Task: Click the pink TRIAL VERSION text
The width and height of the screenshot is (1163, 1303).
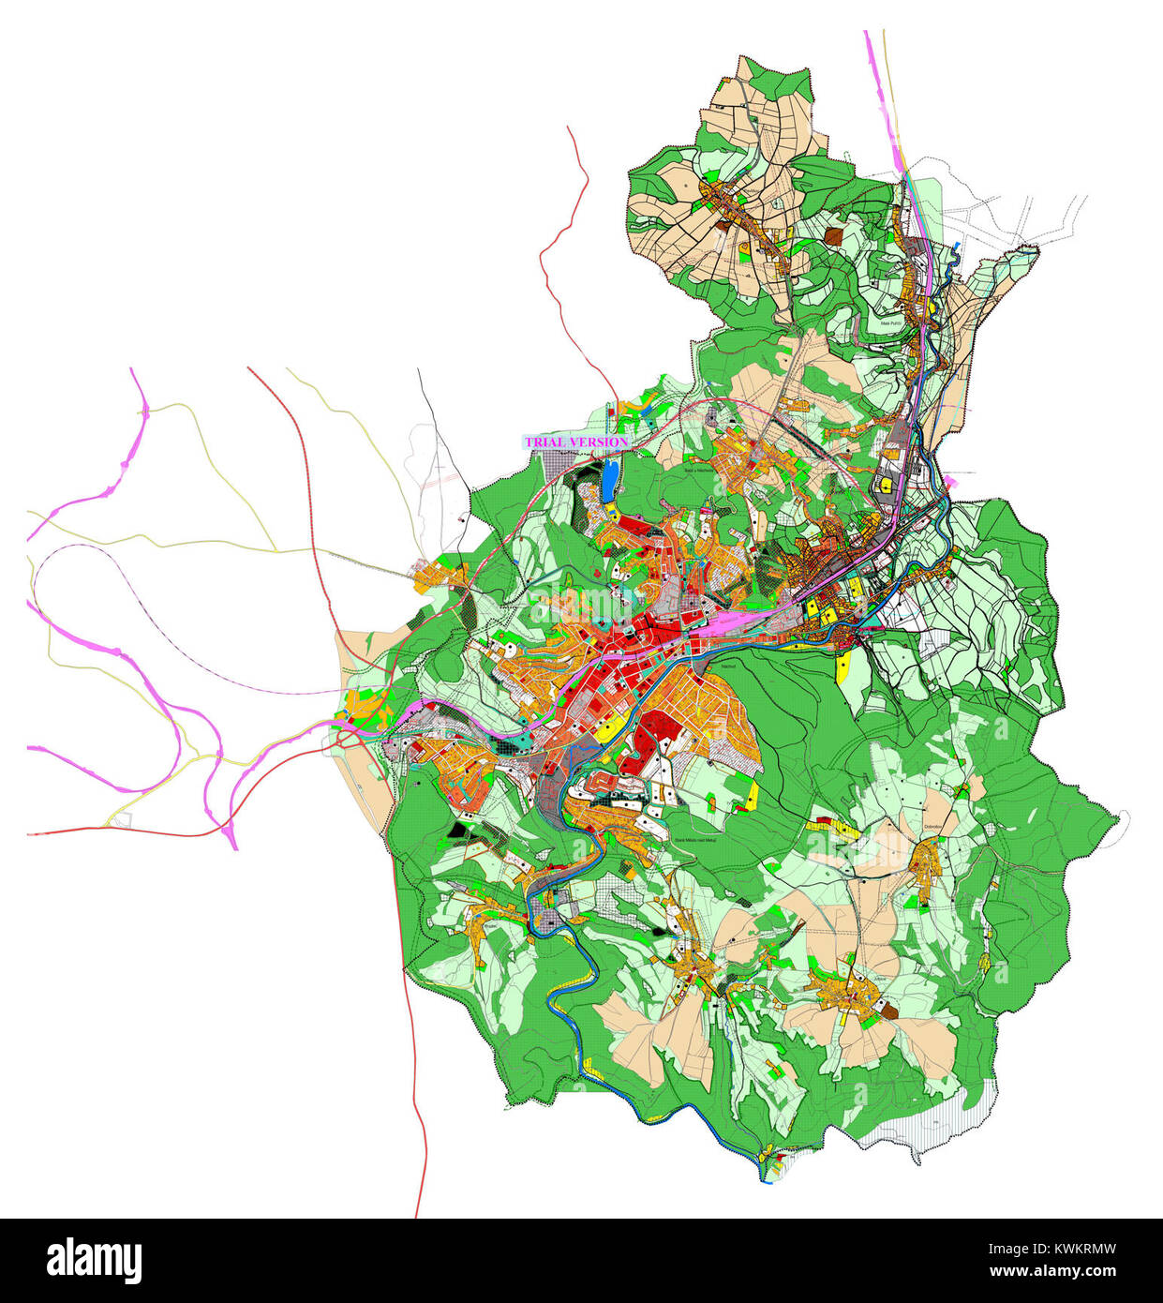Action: [575, 442]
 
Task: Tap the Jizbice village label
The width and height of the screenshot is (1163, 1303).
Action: [874, 981]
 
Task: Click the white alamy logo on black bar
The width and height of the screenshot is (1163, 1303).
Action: [94, 1260]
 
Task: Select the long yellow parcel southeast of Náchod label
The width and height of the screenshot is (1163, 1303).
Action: [842, 666]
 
